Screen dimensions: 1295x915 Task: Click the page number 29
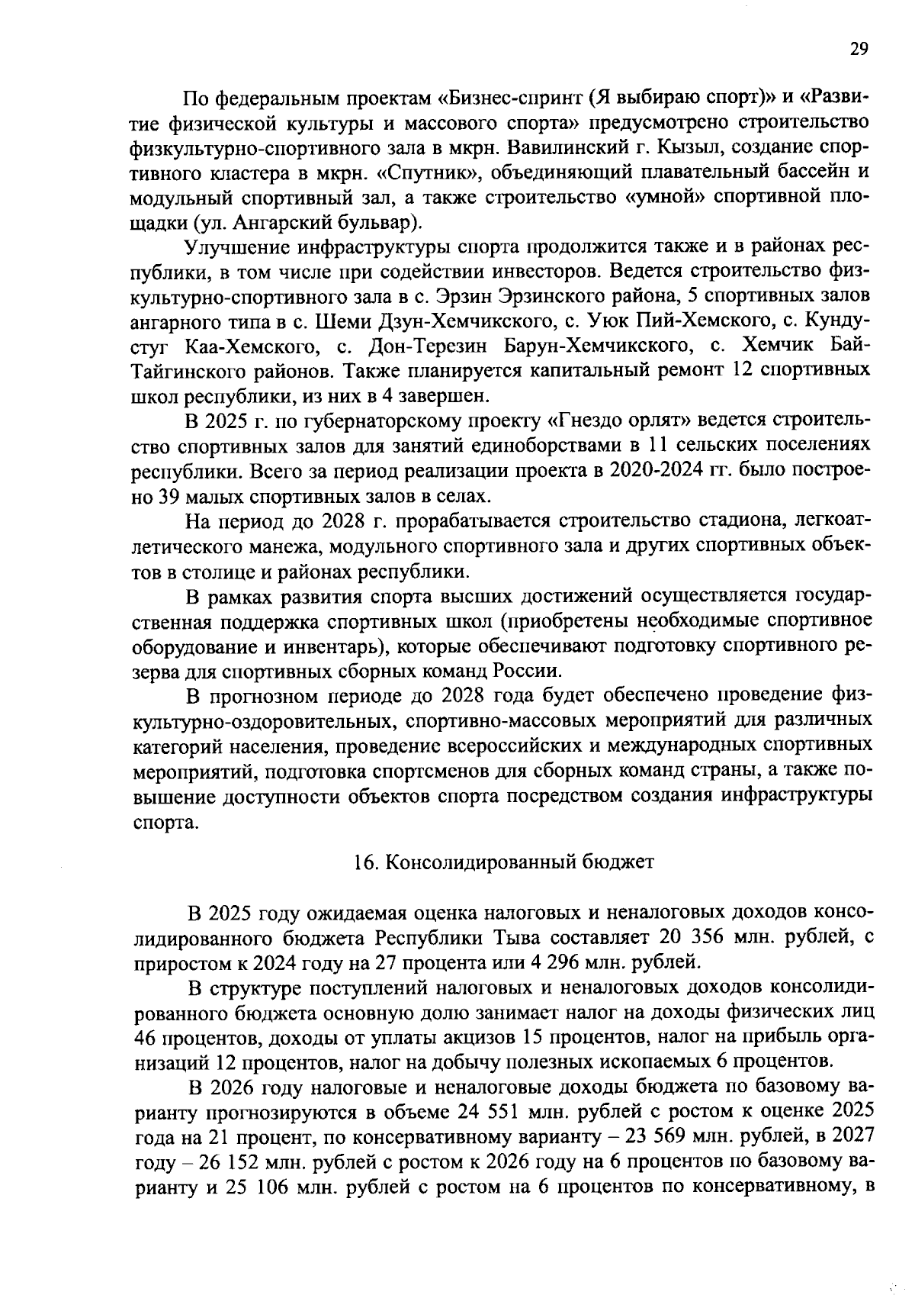click(858, 50)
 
